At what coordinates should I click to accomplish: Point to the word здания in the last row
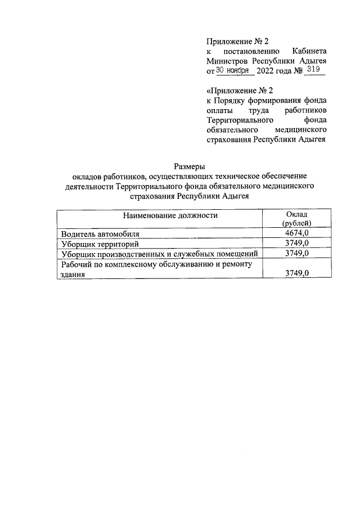click(73, 274)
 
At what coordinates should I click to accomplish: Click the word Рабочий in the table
click(77, 264)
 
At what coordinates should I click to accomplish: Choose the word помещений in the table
click(241, 254)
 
